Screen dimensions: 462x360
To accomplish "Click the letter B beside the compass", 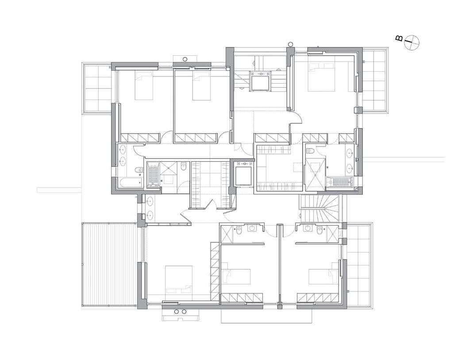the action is click(399, 38).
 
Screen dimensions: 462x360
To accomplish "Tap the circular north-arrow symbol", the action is click(412, 42).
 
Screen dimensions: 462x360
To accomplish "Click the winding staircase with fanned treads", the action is click(320, 207).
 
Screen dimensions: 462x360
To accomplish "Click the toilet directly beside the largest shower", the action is click(310, 151).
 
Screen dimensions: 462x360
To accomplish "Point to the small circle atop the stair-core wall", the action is click(290, 45).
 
